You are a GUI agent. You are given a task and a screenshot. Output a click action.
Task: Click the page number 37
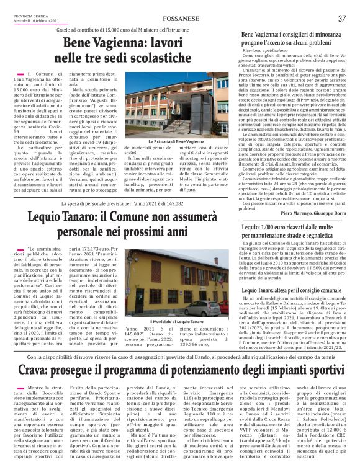click(x=342, y=19)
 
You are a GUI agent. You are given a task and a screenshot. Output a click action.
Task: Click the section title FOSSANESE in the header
click(x=180, y=19)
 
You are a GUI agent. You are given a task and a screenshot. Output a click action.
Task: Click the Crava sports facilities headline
click(x=180, y=371)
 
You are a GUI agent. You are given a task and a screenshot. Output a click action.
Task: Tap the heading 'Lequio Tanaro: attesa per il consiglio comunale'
click(x=292, y=290)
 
